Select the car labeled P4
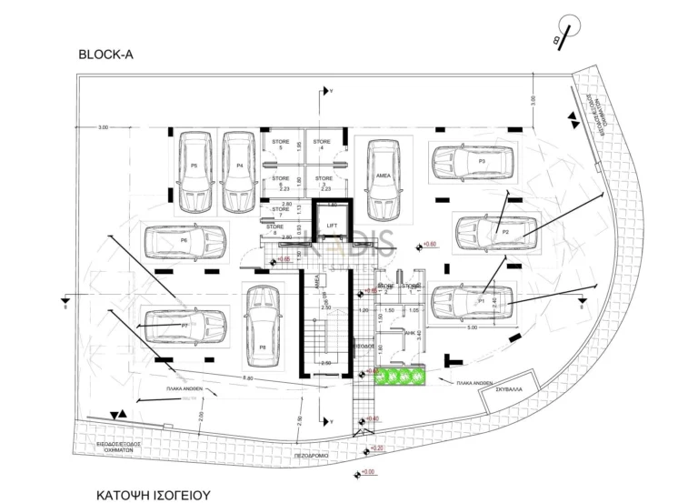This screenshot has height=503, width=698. [x=239, y=170]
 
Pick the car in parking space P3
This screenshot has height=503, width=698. [x=474, y=163]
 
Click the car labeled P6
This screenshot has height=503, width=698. [x=184, y=241]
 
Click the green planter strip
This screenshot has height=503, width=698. [x=401, y=376]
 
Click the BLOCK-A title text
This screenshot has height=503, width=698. [x=106, y=55]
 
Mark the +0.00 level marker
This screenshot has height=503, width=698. [x=367, y=472]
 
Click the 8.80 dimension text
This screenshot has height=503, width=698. [x=246, y=377]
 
